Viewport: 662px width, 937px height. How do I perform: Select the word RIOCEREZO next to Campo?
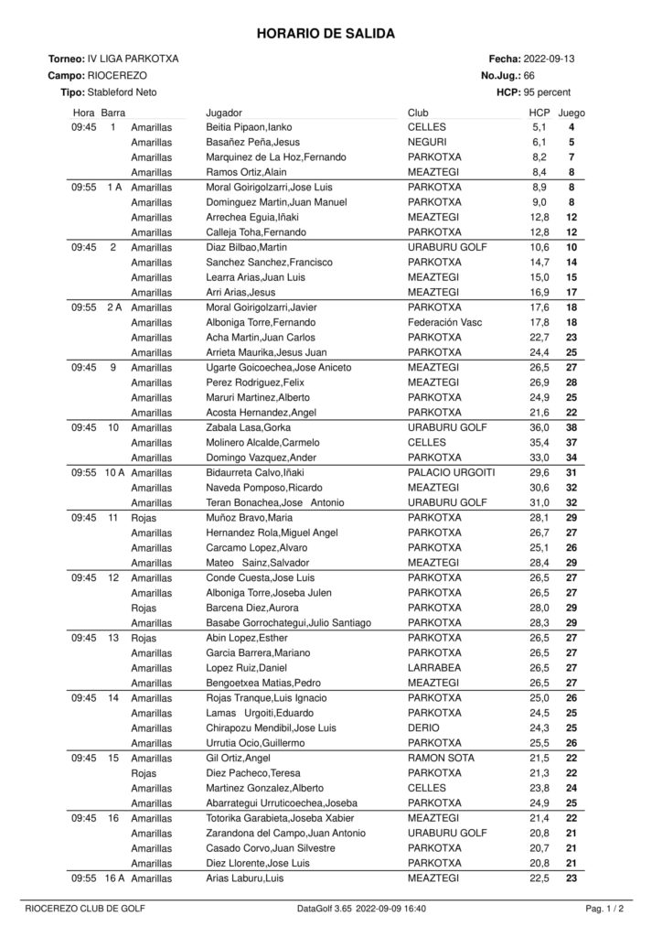pyautogui.click(x=116, y=76)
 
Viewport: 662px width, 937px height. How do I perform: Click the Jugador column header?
pyautogui.click(x=225, y=112)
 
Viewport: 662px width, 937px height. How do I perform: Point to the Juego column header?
pyautogui.click(x=571, y=112)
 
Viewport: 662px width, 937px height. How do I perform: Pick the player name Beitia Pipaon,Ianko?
pyautogui.click(x=249, y=127)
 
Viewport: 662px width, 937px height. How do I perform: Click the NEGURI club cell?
pyautogui.click(x=427, y=142)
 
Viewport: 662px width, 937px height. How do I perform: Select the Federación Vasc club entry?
pyautogui.click(x=443, y=322)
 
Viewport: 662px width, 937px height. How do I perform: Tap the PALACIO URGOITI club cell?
pyautogui.click(x=451, y=472)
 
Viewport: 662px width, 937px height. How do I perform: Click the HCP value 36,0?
pyautogui.click(x=539, y=427)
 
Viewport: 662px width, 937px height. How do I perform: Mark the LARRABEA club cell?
pyautogui.click(x=432, y=667)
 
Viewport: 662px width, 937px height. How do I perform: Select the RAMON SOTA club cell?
pyautogui.click(x=438, y=758)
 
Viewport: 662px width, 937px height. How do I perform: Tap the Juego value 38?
pyautogui.click(x=571, y=427)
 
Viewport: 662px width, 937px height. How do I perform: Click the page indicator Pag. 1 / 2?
pyautogui.click(x=604, y=909)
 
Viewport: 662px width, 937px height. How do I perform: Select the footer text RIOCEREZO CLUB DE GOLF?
pyautogui.click(x=84, y=909)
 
